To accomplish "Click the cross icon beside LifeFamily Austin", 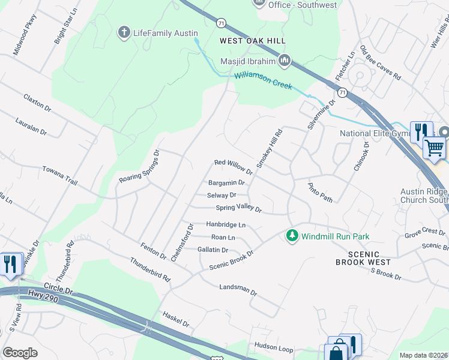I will tap(124, 32).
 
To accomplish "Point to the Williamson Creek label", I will tap(263, 80).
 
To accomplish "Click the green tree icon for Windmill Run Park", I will tap(292, 236).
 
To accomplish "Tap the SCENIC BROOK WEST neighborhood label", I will tap(363, 257).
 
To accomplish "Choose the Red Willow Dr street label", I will tap(234, 166).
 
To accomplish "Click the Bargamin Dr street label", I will tap(226, 182).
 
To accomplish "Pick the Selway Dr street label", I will tap(221, 195).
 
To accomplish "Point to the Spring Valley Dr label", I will tap(239, 209).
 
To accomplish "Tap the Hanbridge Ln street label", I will tap(226, 224).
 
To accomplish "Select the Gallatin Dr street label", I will tap(212, 250).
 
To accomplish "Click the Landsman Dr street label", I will tap(238, 290).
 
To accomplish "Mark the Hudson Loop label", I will tap(273, 347).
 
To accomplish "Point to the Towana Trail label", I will tap(60, 175).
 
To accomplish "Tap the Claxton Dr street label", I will tap(37, 101).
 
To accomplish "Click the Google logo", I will tap(20, 352).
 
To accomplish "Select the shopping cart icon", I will tap(434, 147).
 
